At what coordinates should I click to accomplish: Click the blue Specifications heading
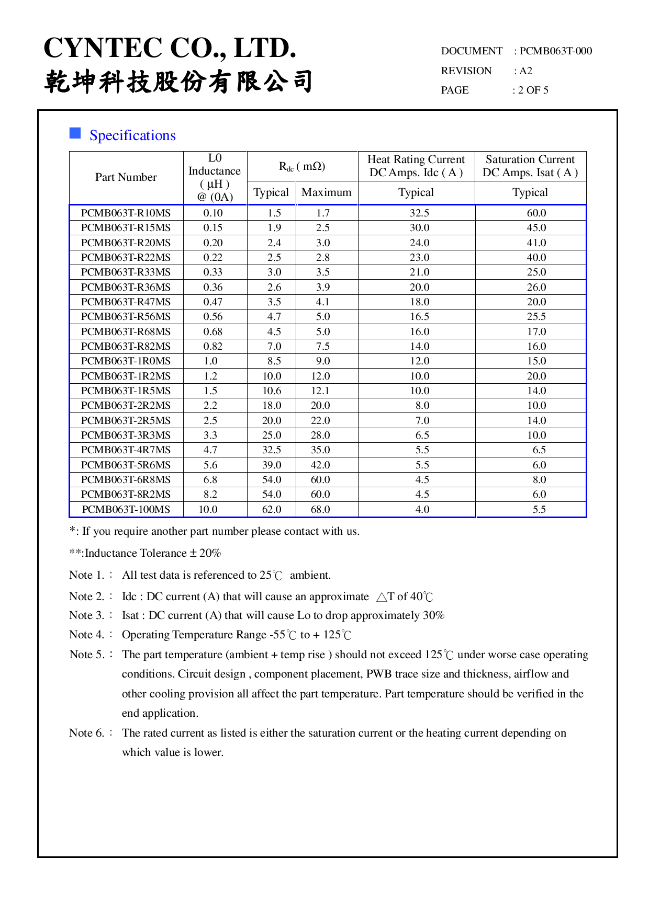click(132, 135)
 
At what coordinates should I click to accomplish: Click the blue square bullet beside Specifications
click(75, 133)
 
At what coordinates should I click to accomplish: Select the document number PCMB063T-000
click(555, 51)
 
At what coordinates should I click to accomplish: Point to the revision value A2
click(525, 71)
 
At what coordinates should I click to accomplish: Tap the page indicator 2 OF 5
click(533, 90)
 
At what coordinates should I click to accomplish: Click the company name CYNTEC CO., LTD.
click(170, 48)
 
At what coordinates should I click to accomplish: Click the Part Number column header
click(126, 177)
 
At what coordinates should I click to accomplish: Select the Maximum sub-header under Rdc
click(327, 192)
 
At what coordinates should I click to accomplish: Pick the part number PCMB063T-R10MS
click(126, 213)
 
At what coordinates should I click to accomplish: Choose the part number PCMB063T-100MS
click(126, 509)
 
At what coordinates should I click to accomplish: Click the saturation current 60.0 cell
click(536, 213)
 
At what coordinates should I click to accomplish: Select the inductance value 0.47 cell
click(213, 302)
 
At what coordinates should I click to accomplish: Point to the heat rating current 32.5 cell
click(420, 213)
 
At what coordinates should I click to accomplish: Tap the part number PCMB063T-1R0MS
click(126, 361)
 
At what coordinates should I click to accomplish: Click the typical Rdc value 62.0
click(272, 509)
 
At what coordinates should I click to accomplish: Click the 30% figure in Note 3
click(433, 615)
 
